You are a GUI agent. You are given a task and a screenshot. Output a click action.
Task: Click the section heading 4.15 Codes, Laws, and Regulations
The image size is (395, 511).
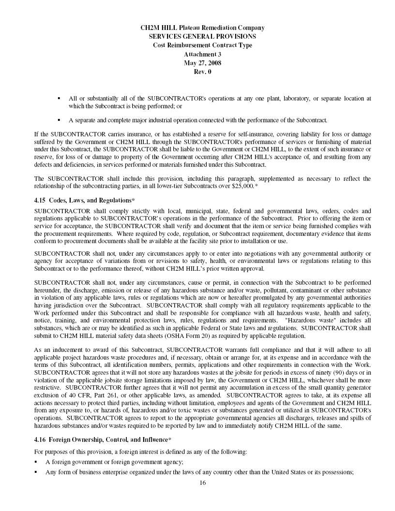pyautogui.click(x=85, y=200)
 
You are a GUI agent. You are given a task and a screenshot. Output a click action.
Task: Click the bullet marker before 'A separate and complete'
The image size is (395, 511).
pyautogui.click(x=59, y=119)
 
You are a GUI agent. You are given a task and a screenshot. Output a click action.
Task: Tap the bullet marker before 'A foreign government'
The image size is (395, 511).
pyautogui.click(x=36, y=462)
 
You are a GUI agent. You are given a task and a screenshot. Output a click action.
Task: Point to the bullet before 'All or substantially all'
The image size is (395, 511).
pyautogui.click(x=59, y=98)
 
